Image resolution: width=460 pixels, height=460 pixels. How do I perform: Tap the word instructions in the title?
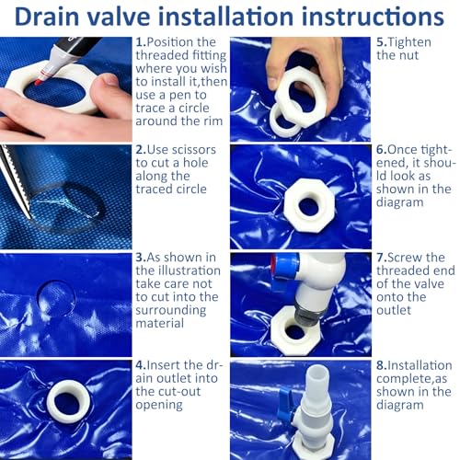click(373, 17)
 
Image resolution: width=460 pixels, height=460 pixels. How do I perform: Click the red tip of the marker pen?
click(39, 82)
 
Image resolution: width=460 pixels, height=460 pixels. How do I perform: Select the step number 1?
click(141, 42)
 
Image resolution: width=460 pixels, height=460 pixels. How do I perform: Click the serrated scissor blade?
click(15, 181)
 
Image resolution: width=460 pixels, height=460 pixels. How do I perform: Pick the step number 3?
click(141, 257)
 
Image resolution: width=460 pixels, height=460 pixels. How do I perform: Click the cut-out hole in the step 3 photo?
click(56, 298)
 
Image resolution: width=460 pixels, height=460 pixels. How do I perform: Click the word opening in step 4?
click(159, 405)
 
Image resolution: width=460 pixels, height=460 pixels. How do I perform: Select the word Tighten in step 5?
click(409, 42)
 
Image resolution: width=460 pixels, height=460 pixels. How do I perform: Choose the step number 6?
click(382, 150)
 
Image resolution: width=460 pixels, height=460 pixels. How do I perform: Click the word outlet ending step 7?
click(394, 310)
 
